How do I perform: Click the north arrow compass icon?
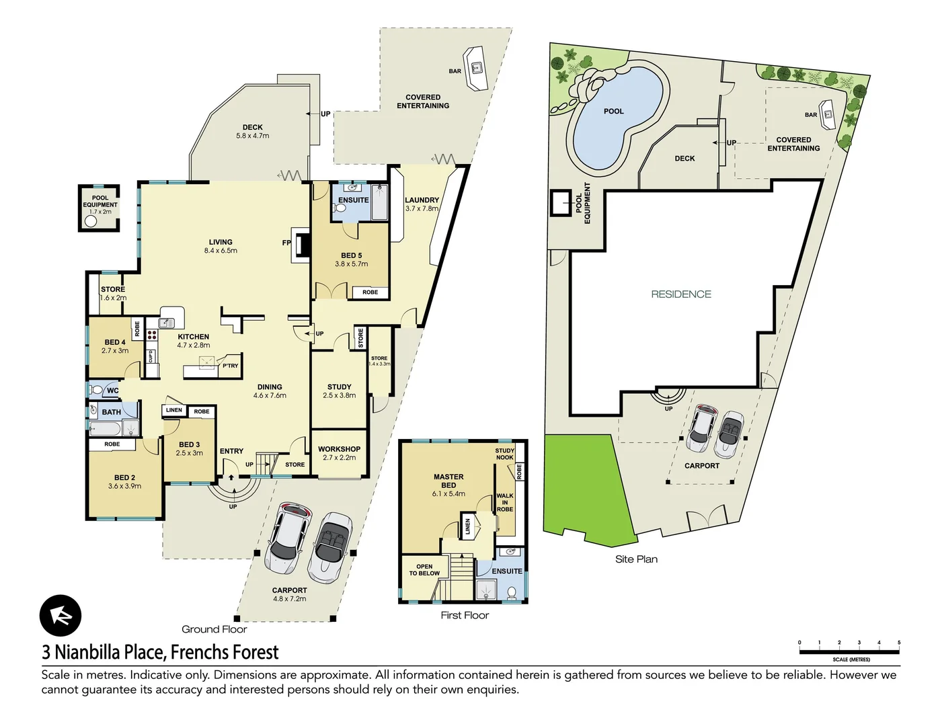click(x=61, y=616)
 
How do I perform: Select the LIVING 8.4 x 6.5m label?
click(x=221, y=246)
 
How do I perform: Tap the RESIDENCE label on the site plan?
click(x=681, y=294)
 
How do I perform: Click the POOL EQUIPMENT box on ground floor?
click(x=100, y=208)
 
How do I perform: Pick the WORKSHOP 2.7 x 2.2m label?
click(x=339, y=453)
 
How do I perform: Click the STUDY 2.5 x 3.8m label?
click(x=339, y=391)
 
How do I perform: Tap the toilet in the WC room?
click(x=96, y=390)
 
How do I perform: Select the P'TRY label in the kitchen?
click(x=230, y=366)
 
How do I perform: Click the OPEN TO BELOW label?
click(x=424, y=570)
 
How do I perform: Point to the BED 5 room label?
click(x=351, y=259)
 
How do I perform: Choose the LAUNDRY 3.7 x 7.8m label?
click(x=422, y=204)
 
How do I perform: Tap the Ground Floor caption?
click(x=214, y=629)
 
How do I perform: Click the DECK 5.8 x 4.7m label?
click(x=253, y=131)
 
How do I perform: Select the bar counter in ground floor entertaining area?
click(x=479, y=67)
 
